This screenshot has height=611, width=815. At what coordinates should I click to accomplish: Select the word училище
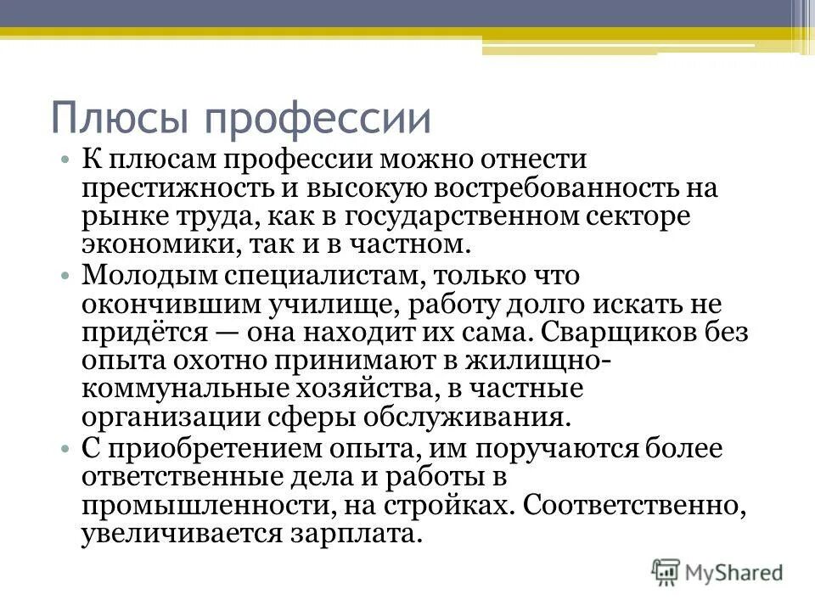[x=329, y=305]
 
